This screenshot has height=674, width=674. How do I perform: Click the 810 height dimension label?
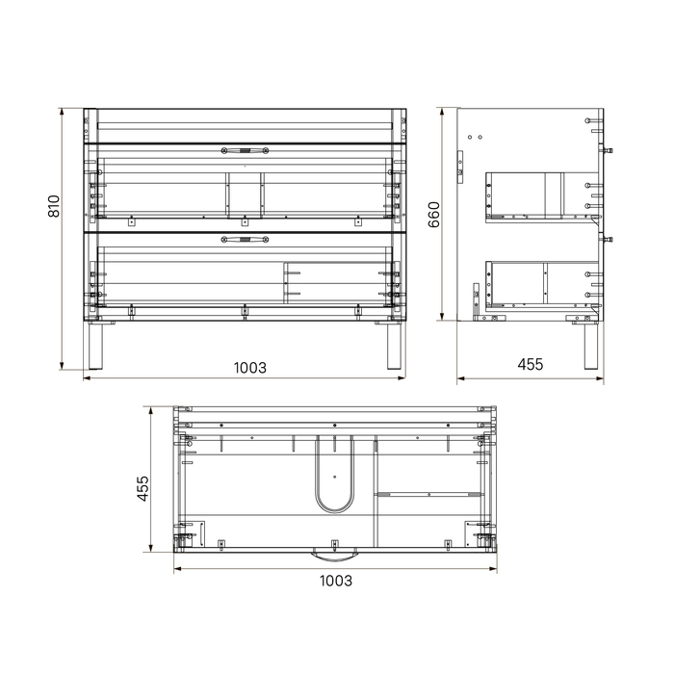click(54, 206)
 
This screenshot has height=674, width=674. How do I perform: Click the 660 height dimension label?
click(433, 215)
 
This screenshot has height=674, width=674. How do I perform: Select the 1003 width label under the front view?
click(249, 368)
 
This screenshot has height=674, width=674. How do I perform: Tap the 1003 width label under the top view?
click(336, 582)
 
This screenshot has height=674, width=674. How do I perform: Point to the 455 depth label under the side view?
click(531, 365)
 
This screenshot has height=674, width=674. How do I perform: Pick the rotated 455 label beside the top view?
click(143, 488)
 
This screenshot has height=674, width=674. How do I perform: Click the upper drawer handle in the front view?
click(245, 150)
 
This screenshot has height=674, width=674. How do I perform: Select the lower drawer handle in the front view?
click(245, 240)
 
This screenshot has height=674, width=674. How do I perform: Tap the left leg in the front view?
click(95, 346)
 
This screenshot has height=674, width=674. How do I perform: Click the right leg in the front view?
click(394, 346)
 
